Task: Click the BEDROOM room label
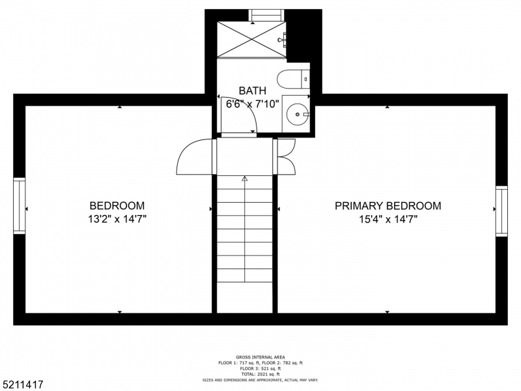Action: click(x=117, y=205)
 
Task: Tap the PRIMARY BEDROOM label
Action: click(x=387, y=206)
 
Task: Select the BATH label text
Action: click(x=252, y=91)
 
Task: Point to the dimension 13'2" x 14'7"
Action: click(x=117, y=220)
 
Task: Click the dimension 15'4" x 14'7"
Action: click(x=387, y=220)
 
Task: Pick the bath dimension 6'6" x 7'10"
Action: click(x=253, y=104)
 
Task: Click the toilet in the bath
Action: click(x=293, y=79)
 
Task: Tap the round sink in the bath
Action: click(x=298, y=115)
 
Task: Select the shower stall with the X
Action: click(x=251, y=40)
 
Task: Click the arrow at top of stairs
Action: click(x=245, y=177)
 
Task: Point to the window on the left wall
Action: click(x=19, y=206)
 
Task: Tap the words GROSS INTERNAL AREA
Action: click(x=260, y=358)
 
